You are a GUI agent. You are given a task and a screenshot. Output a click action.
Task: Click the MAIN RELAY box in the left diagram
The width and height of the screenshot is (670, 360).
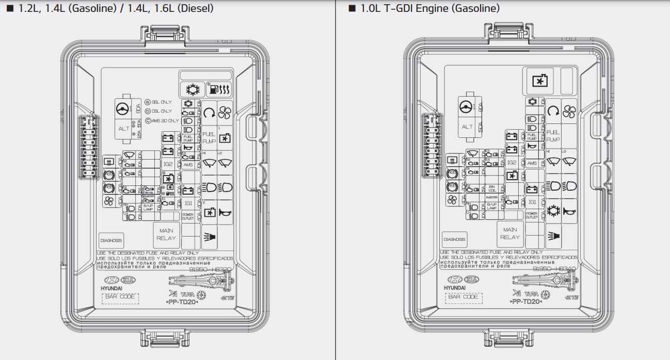click(x=166, y=234)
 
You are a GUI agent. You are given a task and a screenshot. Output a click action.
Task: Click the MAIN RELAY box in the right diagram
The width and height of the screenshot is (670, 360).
click(x=509, y=233)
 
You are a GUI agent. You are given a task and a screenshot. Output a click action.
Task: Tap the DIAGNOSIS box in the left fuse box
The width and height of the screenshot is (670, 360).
click(x=111, y=240)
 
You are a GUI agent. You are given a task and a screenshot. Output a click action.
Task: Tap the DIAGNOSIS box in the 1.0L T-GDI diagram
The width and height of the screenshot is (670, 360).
click(x=454, y=239)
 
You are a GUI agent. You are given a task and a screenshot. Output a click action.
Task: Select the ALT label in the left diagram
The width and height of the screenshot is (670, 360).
click(x=124, y=129)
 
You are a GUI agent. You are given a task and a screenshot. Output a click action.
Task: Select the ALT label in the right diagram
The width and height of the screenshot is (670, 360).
click(x=467, y=127)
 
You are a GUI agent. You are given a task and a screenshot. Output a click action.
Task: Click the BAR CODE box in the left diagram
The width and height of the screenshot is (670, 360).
click(x=120, y=297)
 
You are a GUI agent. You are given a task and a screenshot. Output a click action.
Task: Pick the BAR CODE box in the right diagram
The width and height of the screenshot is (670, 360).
click(x=463, y=297)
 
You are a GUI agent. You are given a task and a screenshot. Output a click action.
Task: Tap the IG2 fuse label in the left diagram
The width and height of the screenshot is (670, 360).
click(x=168, y=164)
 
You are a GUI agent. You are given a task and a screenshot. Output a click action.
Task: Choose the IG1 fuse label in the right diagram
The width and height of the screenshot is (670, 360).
click(x=532, y=202)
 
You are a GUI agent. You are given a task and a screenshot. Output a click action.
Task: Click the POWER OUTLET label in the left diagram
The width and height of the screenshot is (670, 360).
click(x=188, y=216)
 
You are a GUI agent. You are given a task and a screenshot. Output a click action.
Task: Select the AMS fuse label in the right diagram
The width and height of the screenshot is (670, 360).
click(x=532, y=163)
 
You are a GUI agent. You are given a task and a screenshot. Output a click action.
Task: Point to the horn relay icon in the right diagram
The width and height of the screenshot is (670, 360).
click(x=569, y=211)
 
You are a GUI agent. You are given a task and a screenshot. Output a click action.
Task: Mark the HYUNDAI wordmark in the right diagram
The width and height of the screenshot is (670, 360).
click(x=454, y=287)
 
